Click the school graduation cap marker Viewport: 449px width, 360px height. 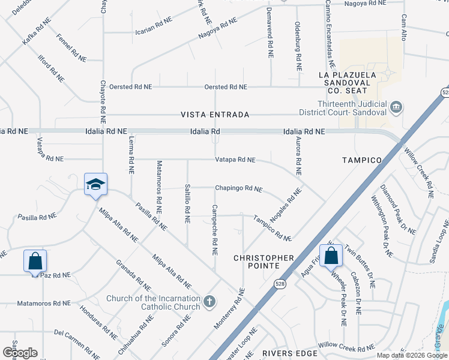point(95,185)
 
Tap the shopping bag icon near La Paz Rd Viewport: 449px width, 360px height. point(35,261)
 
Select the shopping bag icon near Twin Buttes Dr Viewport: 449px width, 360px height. point(331,256)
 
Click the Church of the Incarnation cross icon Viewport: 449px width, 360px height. point(209,301)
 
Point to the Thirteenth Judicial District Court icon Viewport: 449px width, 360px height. point(396,108)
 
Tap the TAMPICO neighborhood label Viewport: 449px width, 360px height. point(362,160)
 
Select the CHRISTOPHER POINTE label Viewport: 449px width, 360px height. point(264,262)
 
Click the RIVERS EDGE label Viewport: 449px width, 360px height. point(289,353)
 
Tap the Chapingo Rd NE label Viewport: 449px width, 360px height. point(238,188)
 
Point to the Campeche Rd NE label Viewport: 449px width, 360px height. point(214,229)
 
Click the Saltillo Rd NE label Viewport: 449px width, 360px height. point(187,203)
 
